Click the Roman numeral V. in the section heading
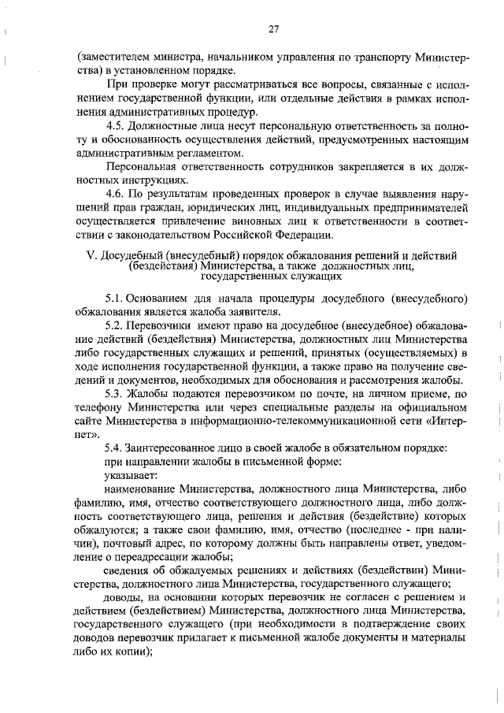[89, 257]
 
